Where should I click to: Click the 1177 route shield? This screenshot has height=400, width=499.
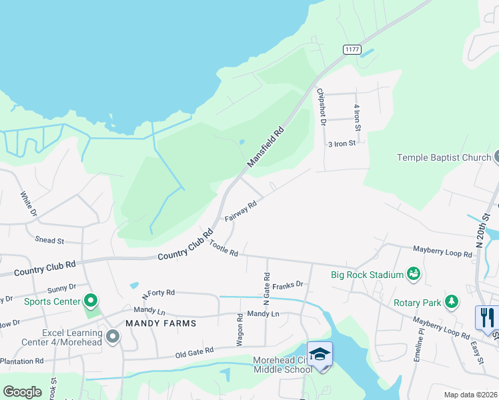[x=352, y=49]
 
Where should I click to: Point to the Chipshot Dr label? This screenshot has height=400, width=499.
[x=322, y=107]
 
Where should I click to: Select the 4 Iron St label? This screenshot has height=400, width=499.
[x=358, y=117]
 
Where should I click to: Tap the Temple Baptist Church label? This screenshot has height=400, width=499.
[x=444, y=157]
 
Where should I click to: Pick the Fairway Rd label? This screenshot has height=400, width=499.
[x=241, y=213]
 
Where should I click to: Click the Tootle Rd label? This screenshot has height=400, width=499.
[x=223, y=249]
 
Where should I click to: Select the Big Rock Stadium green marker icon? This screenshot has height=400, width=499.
[x=414, y=274]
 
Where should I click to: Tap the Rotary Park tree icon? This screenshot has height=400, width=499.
[x=452, y=302]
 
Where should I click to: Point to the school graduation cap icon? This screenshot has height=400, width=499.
[x=320, y=353]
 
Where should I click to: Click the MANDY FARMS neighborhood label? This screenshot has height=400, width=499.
[x=161, y=323]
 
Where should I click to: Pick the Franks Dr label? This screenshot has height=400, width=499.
[x=288, y=285]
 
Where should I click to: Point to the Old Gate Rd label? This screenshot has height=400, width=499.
[x=194, y=350]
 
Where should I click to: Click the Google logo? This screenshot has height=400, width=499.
[x=22, y=392]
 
